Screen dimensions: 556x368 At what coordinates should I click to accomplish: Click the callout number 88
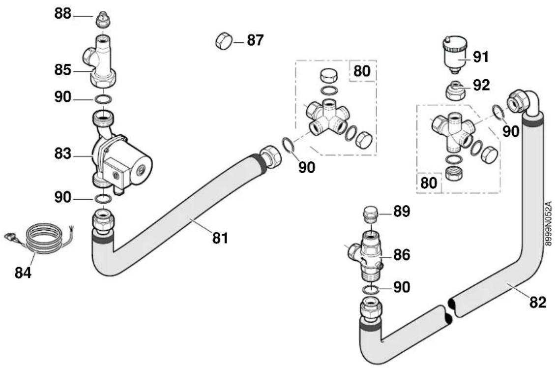pyautogui.click(x=63, y=14)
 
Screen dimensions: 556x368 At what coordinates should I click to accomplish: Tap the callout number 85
pyautogui.click(x=63, y=70)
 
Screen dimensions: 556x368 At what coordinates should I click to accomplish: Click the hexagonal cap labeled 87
pyautogui.click(x=224, y=41)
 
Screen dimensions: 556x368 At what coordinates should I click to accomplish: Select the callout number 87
pyautogui.click(x=255, y=40)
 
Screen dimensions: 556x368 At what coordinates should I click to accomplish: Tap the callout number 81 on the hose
pyautogui.click(x=220, y=238)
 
